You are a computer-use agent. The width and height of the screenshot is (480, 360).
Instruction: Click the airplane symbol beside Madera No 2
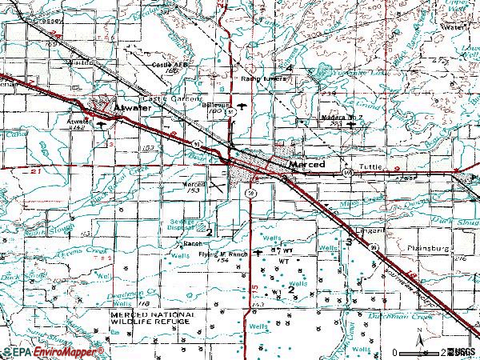point(350,125)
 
